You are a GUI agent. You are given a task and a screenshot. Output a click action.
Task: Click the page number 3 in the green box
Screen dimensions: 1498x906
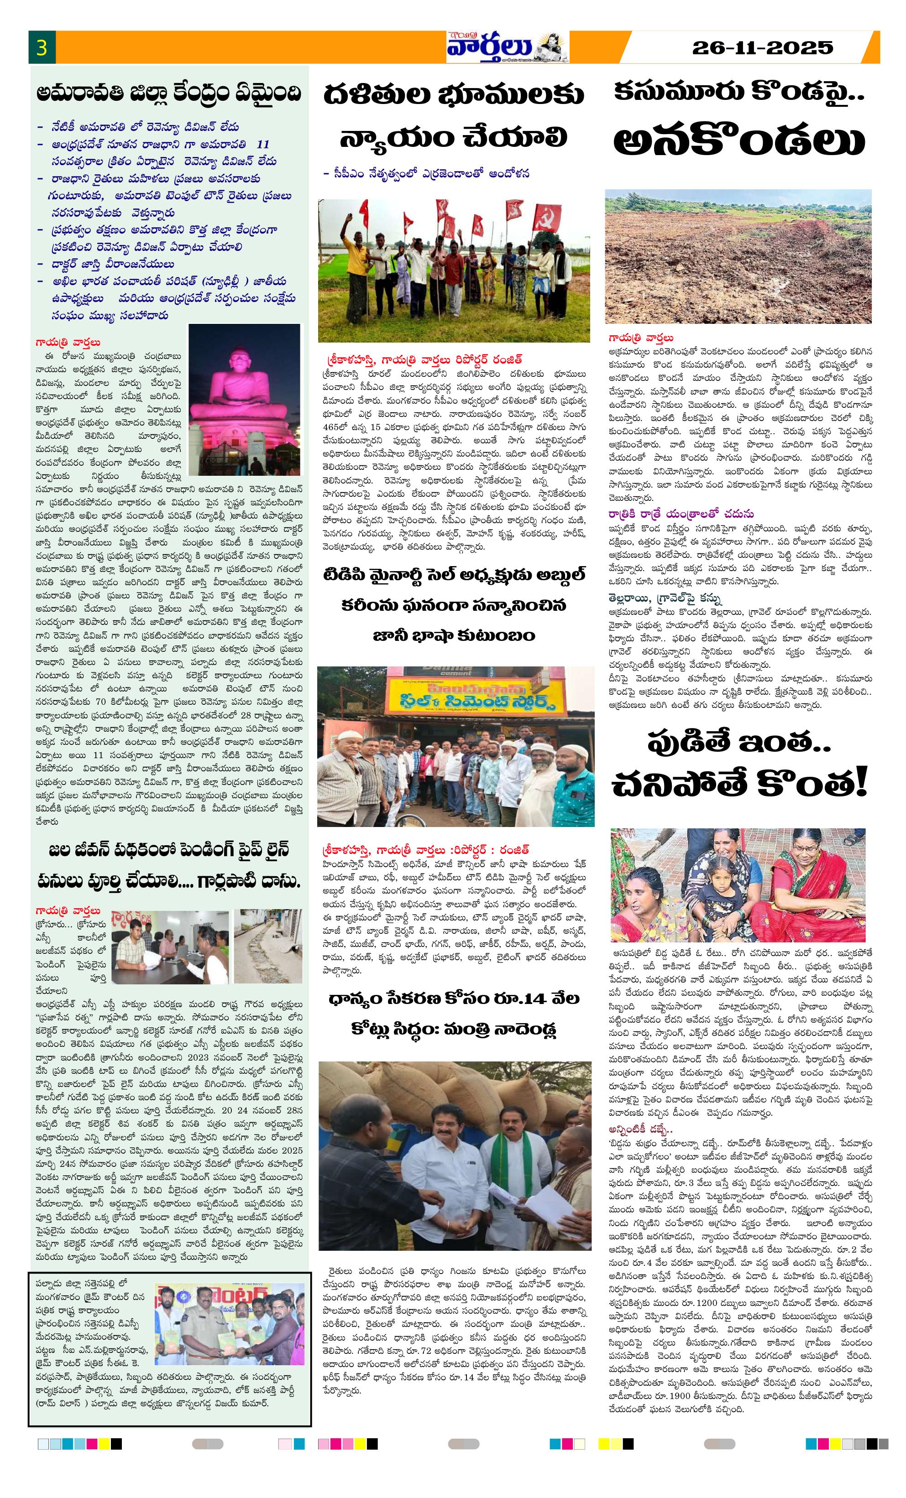click(42, 47)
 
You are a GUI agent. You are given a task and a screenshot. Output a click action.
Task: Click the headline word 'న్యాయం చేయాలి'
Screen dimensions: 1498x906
click(453, 137)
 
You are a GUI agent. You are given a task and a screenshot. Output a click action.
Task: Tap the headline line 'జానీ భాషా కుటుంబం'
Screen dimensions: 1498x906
click(453, 635)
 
